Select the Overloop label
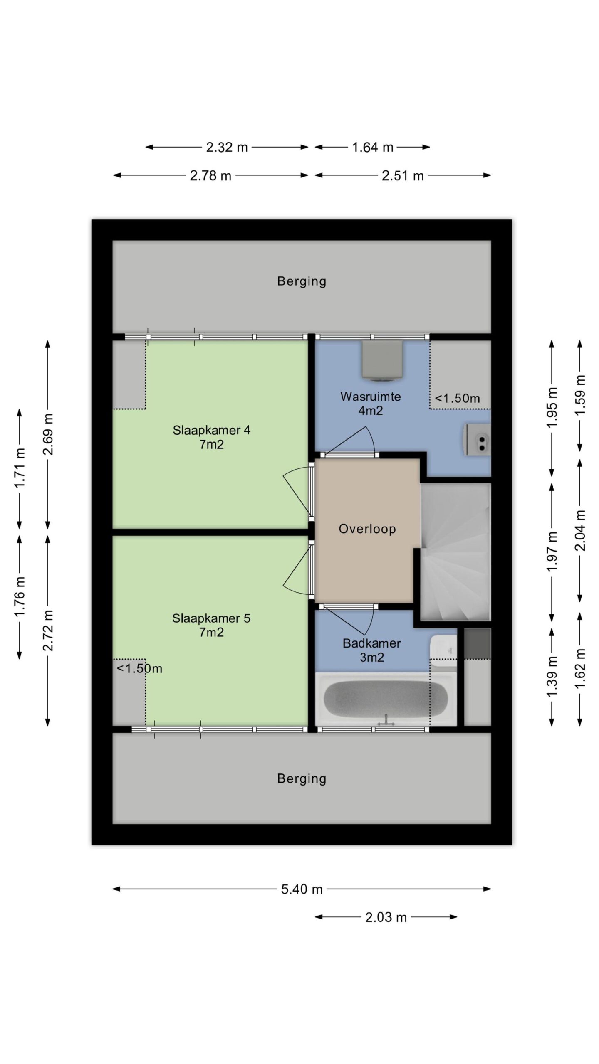click(x=367, y=529)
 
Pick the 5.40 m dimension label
click(x=302, y=889)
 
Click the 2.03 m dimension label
click(x=386, y=917)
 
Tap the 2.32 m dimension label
click(x=227, y=147)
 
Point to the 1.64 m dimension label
click(x=372, y=147)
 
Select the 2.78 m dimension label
click(x=210, y=175)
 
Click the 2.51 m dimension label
click(x=403, y=175)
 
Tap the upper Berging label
click(x=302, y=281)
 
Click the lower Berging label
click(x=302, y=778)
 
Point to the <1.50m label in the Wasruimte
click(x=457, y=398)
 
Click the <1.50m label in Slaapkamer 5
click(x=139, y=668)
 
